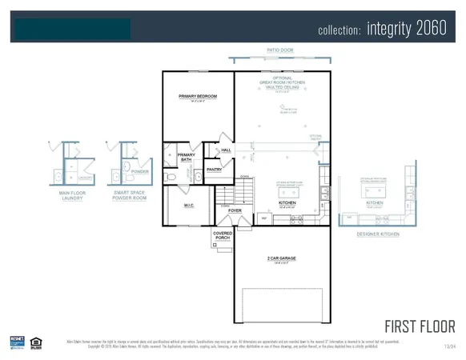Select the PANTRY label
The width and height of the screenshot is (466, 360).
(214, 170)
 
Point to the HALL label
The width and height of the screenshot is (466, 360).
(226, 150)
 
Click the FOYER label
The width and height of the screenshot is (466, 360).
(234, 211)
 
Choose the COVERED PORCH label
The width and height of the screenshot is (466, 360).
(223, 236)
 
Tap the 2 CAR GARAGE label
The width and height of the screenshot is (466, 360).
(282, 258)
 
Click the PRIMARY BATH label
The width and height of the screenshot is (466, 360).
(186, 158)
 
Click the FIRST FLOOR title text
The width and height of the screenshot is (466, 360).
(420, 326)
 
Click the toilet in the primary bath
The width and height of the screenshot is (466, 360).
(170, 178)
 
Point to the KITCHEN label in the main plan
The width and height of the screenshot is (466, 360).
(287, 203)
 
